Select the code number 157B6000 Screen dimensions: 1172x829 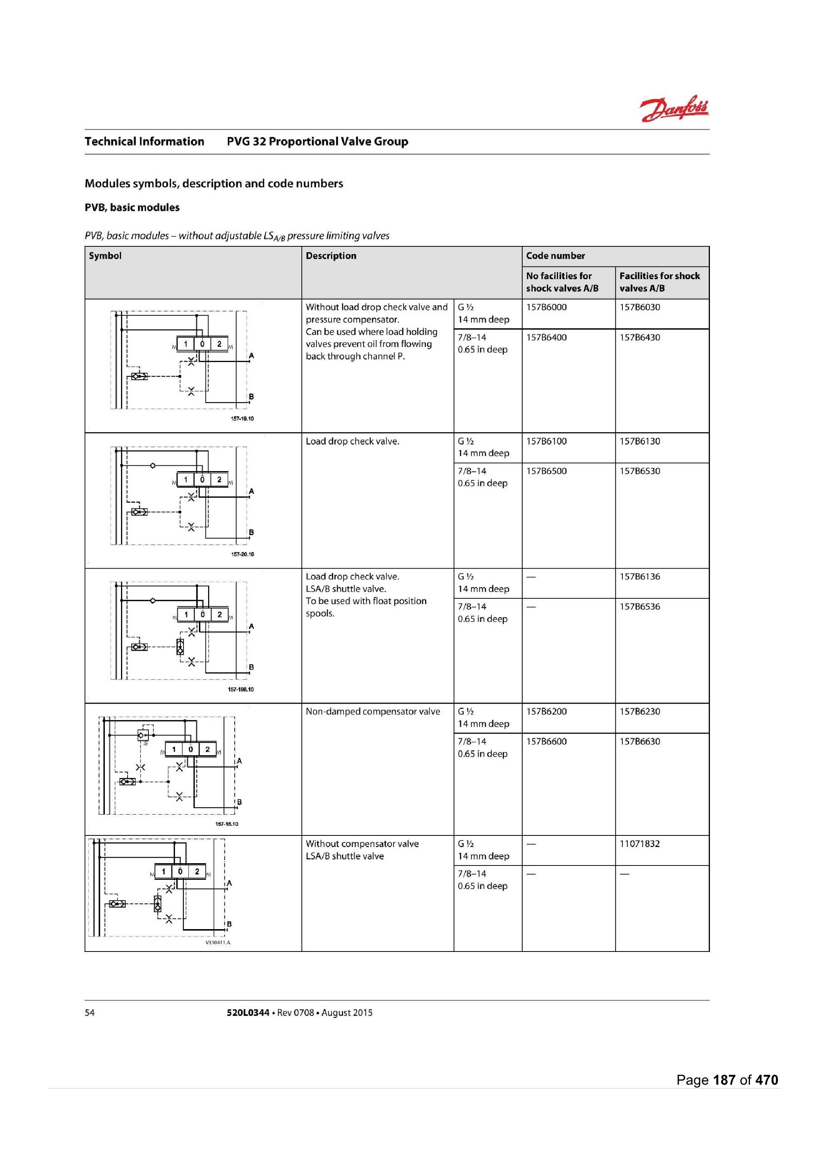(546, 307)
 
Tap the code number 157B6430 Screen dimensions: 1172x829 (640, 337)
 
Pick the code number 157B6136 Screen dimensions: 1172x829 (640, 576)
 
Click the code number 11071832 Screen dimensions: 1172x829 (640, 844)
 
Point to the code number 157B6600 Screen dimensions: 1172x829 (546, 741)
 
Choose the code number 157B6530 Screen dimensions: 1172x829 (640, 471)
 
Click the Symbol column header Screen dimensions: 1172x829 (105, 256)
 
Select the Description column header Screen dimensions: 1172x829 (331, 256)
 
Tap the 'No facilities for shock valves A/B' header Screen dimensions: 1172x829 (562, 282)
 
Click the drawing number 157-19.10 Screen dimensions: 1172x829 (242, 419)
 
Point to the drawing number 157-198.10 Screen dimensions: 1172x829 (240, 689)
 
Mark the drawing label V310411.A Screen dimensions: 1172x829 (218, 942)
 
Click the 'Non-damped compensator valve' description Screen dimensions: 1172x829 (373, 711)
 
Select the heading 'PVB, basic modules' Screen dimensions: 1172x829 (132, 207)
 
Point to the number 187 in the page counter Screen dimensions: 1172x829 (724, 1079)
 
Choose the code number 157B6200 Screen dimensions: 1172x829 (546, 711)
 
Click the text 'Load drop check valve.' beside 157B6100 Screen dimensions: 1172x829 (352, 441)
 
